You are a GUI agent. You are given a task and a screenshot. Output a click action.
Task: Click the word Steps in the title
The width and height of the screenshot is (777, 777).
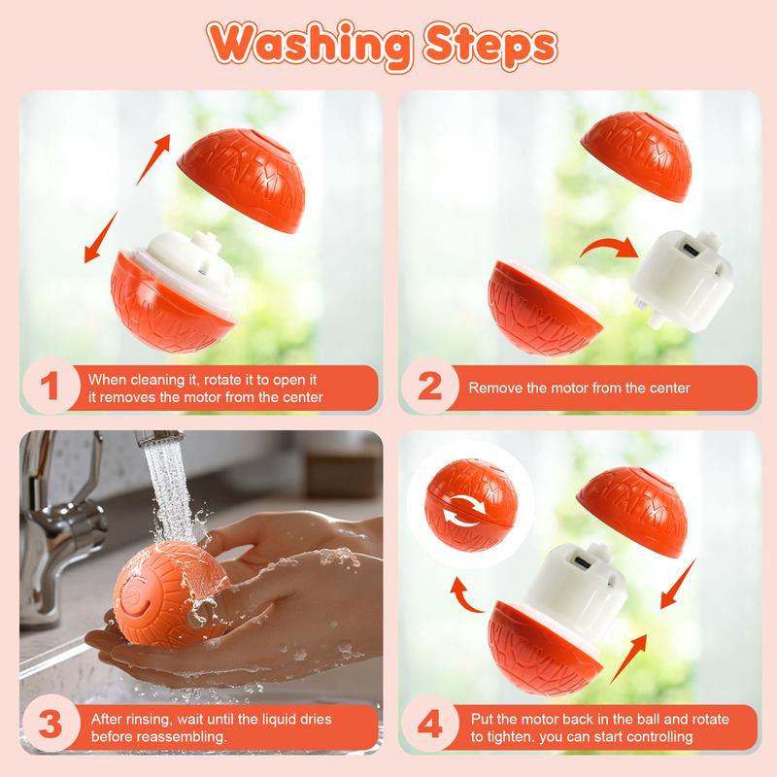(x=490, y=46)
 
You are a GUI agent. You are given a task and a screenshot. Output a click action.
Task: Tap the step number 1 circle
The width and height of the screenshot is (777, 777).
(x=51, y=387)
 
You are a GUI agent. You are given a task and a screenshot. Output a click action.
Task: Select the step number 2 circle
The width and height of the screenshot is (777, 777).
(x=429, y=387)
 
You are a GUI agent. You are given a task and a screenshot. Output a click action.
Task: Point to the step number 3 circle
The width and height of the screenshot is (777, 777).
(x=51, y=725)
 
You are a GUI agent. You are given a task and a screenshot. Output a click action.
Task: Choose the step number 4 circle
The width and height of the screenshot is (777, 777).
(x=429, y=725)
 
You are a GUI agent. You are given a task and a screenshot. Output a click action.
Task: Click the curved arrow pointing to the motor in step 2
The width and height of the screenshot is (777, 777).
(x=609, y=248)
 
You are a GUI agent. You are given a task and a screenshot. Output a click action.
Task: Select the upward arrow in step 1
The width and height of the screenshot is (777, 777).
(x=153, y=158)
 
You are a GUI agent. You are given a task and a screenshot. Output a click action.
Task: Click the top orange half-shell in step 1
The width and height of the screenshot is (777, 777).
(x=242, y=180)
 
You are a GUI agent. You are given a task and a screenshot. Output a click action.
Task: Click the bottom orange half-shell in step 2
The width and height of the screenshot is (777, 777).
(x=544, y=307)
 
